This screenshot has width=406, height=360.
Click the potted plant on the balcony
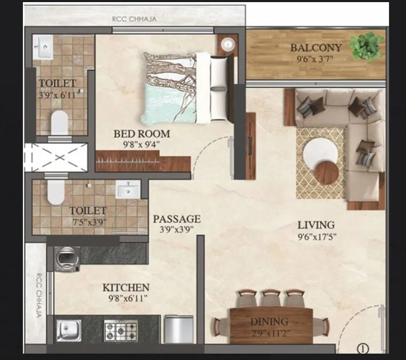tap(366, 47)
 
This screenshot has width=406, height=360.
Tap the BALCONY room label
tap(316, 48)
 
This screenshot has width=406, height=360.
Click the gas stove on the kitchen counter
tap(121, 331)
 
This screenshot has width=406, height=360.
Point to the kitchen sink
tap(69, 330)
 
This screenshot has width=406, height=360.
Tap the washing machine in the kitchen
tap(67, 259)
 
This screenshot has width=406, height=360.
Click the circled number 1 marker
tap(362, 349)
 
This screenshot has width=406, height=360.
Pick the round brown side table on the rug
tap(326, 173)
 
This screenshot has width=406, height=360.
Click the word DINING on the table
tap(269, 322)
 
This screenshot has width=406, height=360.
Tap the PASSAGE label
tap(177, 219)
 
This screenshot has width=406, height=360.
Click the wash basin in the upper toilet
tap(43, 47)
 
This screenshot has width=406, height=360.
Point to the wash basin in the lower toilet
tap(128, 189)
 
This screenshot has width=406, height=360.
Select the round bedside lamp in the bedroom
tap(228, 44)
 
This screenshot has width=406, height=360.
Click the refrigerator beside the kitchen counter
tap(179, 329)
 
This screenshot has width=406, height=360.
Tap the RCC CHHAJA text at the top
tap(134, 19)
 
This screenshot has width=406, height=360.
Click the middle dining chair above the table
tap(271, 298)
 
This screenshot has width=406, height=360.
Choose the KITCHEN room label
tap(126, 288)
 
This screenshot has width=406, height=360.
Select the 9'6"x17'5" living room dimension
tap(317, 237)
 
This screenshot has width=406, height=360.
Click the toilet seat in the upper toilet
tap(59, 122)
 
